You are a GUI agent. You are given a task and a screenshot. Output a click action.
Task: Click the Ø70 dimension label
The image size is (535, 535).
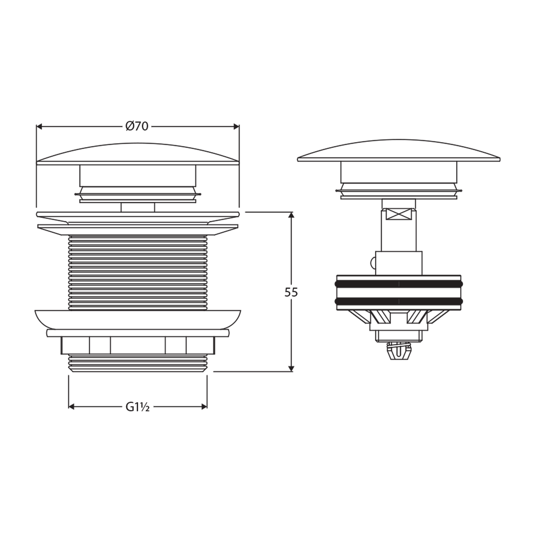coord(137,126)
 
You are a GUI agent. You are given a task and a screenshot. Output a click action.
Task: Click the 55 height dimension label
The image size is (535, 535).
coord(291,292)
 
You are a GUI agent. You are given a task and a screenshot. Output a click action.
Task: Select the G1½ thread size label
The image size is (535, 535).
coord(138,407)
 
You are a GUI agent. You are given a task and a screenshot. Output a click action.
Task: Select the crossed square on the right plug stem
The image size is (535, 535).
coord(399,214)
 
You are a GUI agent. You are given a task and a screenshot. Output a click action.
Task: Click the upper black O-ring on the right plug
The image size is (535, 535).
coord(399,284)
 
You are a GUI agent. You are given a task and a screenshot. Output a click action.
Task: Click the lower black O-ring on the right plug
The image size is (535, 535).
coord(399,301)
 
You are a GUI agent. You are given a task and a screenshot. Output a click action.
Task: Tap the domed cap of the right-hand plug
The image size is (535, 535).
coord(399,150)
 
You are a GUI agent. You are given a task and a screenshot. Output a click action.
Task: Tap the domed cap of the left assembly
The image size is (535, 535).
coord(138,154)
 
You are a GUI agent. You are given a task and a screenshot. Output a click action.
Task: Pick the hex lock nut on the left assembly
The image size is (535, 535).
coord(138,345)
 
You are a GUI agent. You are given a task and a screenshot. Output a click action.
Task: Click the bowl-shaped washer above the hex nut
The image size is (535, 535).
coord(138,319)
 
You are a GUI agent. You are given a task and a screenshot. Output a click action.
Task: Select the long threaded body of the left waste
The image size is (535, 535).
coord(138,272)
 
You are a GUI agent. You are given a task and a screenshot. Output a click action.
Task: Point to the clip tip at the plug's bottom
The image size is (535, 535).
coord(400,353)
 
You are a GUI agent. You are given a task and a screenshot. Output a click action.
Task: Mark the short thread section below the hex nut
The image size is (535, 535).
coord(138,363)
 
